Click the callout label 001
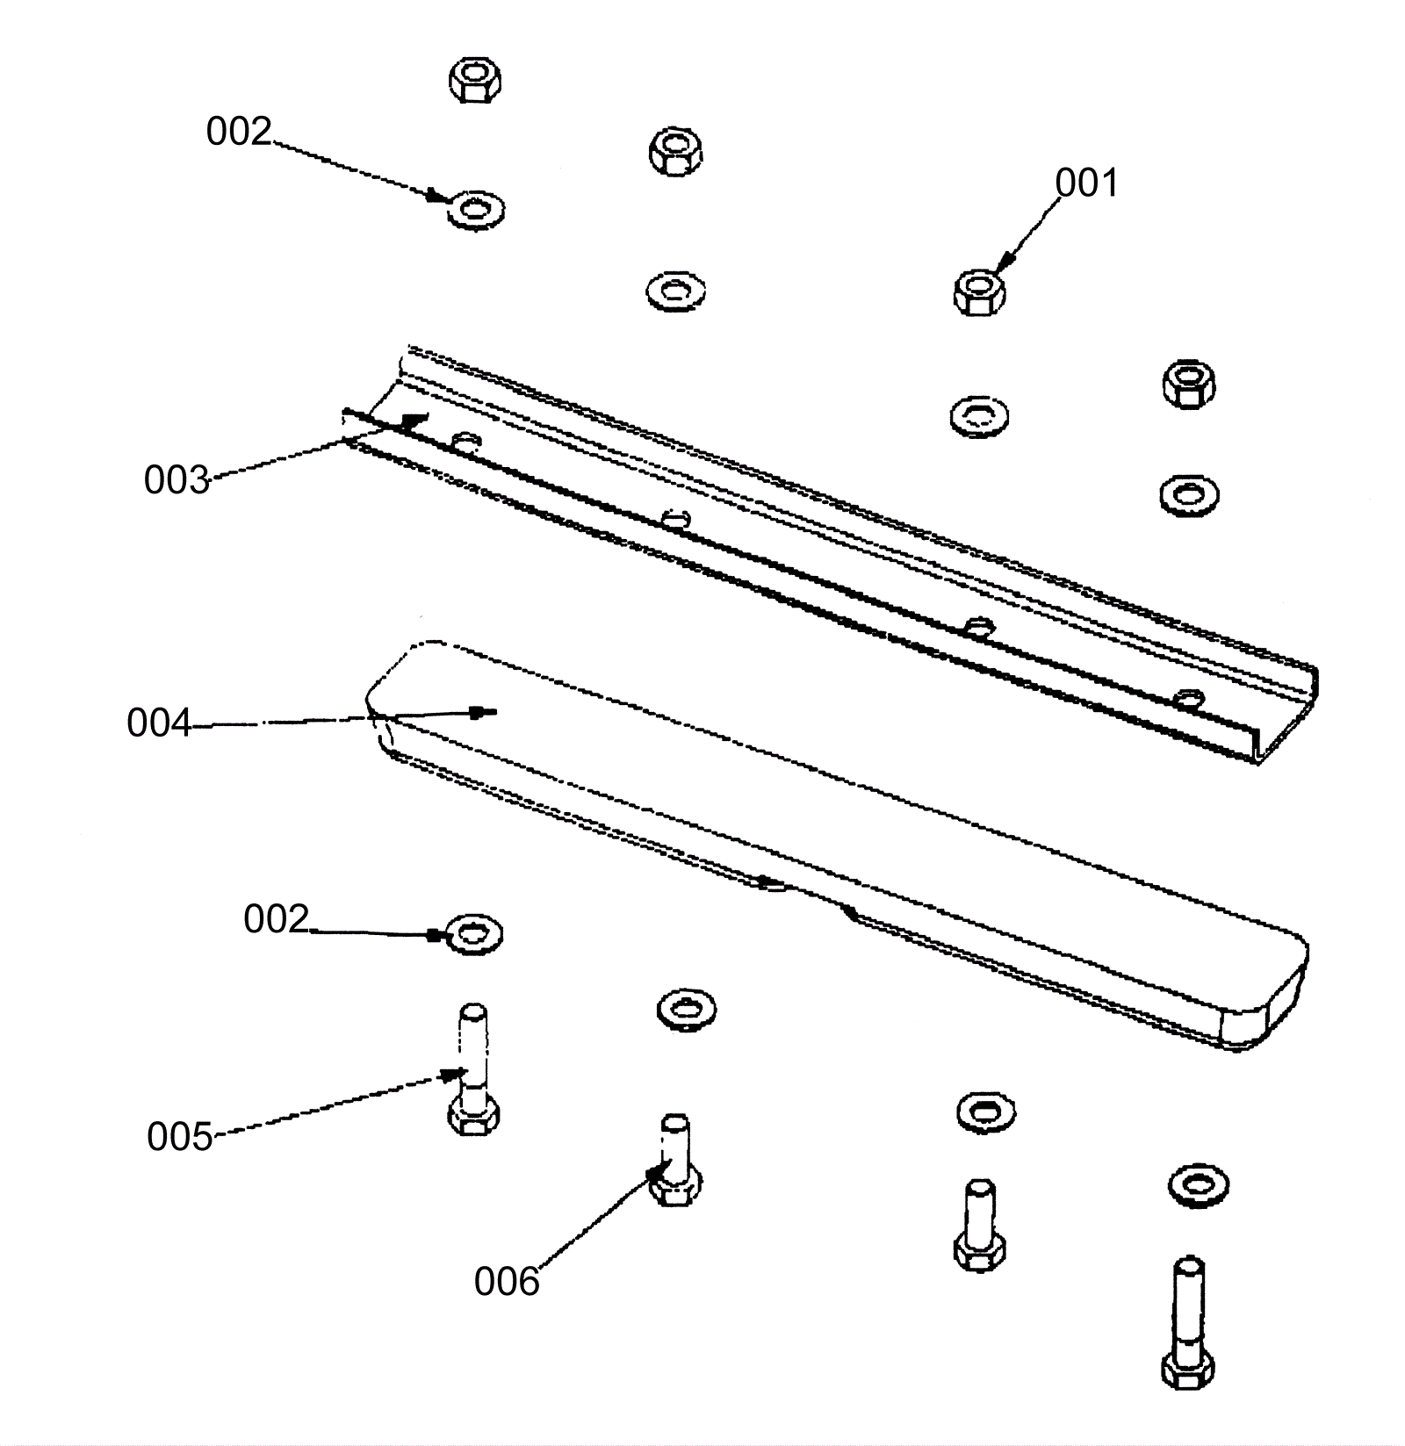(x=1086, y=183)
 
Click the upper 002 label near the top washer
(x=239, y=132)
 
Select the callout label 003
(x=177, y=480)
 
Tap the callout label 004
(x=159, y=723)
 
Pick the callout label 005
(x=179, y=1137)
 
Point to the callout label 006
(x=507, y=1282)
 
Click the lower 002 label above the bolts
(x=277, y=919)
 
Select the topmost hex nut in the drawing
(x=475, y=80)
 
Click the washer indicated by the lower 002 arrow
(x=474, y=934)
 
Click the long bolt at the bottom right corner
(x=1188, y=1323)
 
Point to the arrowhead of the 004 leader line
(x=484, y=711)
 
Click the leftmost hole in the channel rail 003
(x=466, y=438)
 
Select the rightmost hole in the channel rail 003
(x=1188, y=699)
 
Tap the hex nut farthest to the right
(x=1188, y=384)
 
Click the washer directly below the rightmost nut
(x=1188, y=494)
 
